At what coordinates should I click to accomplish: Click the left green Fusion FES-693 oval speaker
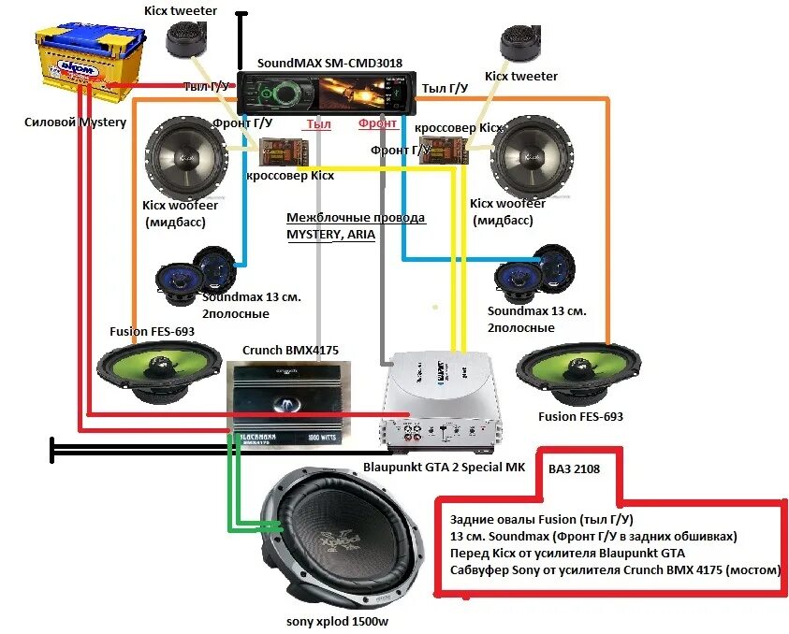click(157, 370)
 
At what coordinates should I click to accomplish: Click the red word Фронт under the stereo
click(378, 123)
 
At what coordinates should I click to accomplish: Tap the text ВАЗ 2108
click(575, 469)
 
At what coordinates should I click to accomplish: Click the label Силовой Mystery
click(76, 122)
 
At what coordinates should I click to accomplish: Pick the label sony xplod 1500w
click(340, 621)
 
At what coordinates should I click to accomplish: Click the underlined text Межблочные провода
click(356, 218)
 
